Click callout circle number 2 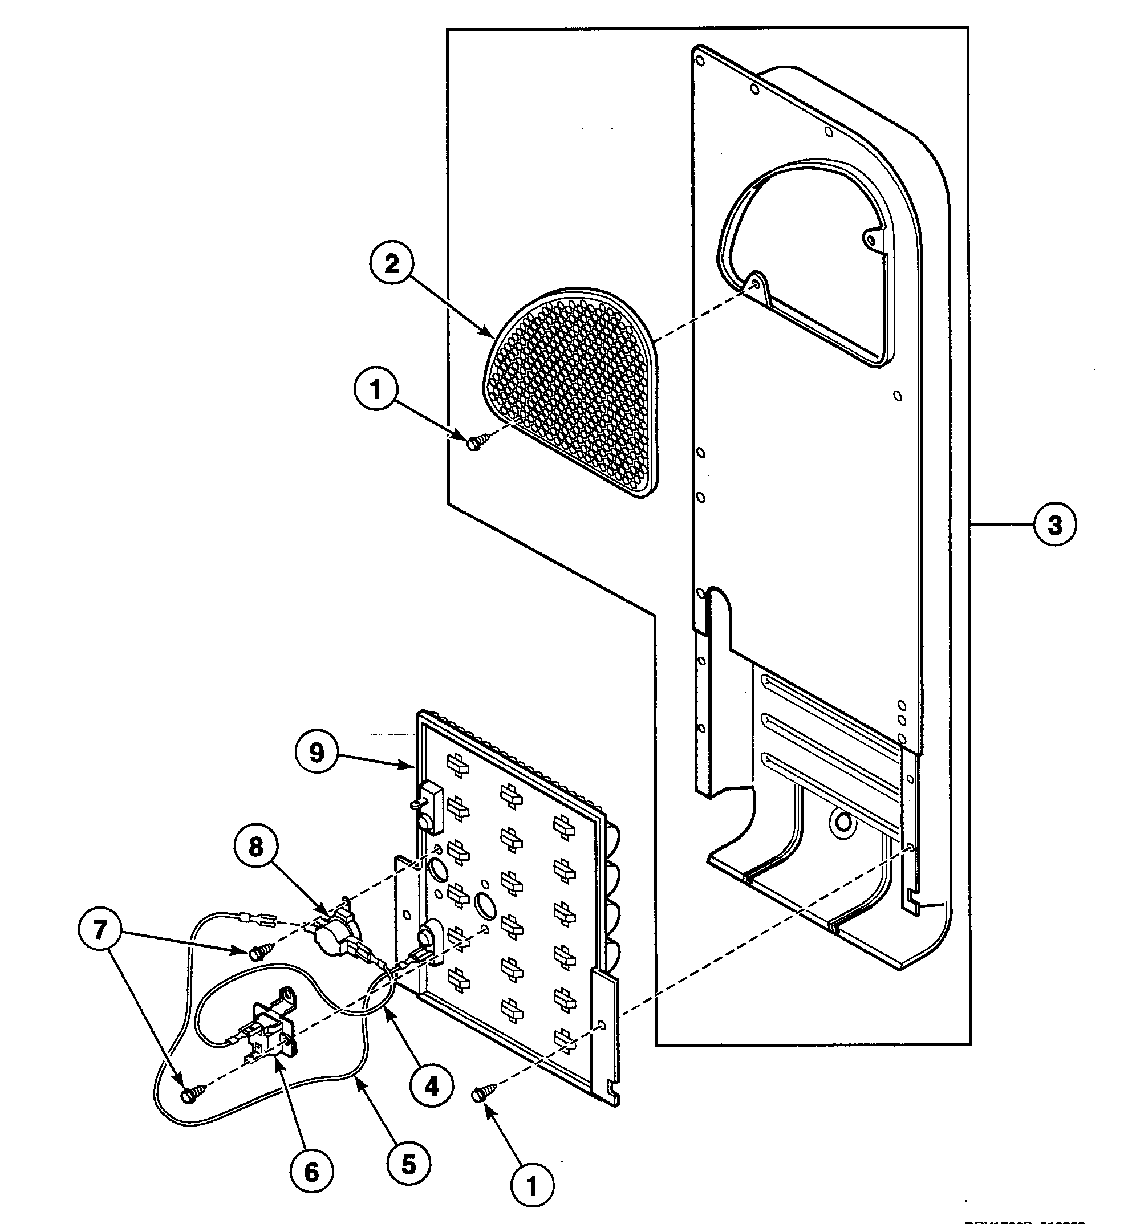pyautogui.click(x=391, y=264)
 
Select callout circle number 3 pyautogui.click(x=1054, y=524)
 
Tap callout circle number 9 pyautogui.click(x=316, y=753)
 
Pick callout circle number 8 pyautogui.click(x=255, y=847)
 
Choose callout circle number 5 pyautogui.click(x=408, y=1165)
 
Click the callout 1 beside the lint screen pyautogui.click(x=375, y=389)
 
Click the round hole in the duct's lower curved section pyautogui.click(x=842, y=822)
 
